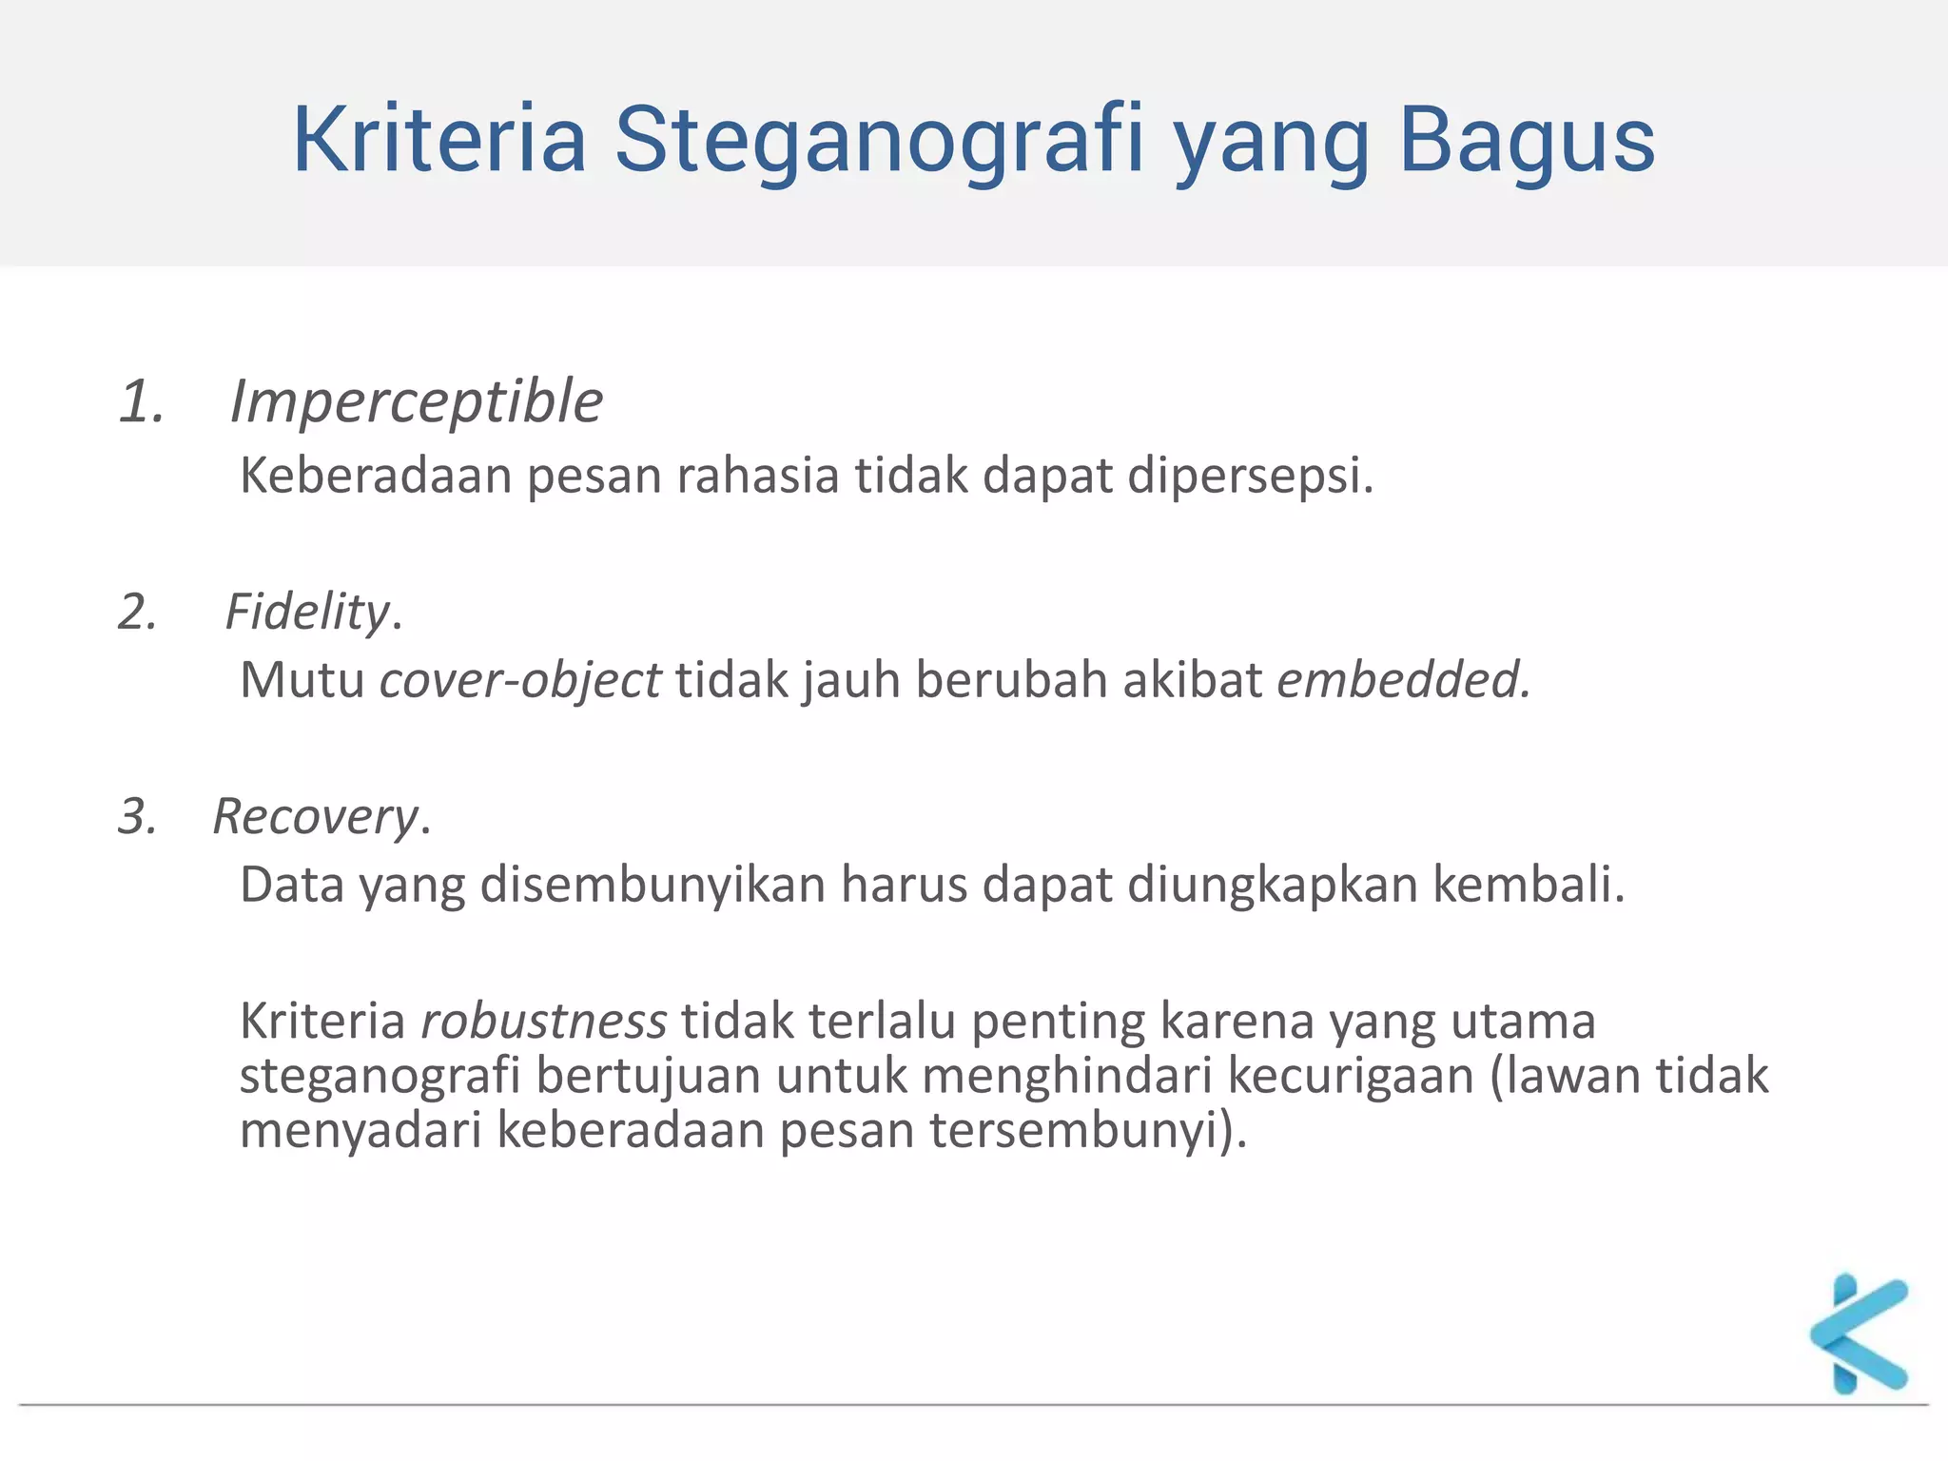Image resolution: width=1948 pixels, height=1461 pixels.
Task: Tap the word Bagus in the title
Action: tap(1527, 141)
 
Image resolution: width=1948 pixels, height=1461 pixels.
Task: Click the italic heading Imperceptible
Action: tap(417, 401)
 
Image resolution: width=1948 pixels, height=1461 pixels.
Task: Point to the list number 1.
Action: tap(142, 401)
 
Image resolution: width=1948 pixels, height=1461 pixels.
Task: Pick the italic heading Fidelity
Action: tap(307, 611)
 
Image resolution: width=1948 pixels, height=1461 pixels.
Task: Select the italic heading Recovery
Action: tap(315, 816)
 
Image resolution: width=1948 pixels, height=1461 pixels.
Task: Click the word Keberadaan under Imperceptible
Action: tap(376, 475)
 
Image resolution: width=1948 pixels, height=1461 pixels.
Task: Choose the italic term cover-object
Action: tap(520, 680)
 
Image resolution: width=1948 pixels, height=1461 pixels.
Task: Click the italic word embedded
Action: tap(1402, 680)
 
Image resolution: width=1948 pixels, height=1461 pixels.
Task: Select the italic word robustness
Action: tap(544, 1021)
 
